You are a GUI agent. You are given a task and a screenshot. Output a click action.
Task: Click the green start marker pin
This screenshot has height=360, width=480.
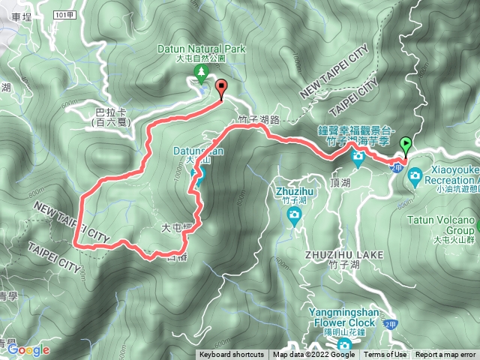tap(406, 145)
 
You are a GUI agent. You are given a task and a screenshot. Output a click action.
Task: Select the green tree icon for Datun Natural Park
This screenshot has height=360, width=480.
tap(201, 72)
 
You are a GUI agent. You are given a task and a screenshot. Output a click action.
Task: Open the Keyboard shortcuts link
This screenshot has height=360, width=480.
tap(232, 355)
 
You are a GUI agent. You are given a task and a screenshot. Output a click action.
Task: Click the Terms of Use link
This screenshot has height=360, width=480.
tap(385, 355)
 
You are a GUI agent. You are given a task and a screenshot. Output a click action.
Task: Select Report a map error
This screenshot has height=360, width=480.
tap(445, 355)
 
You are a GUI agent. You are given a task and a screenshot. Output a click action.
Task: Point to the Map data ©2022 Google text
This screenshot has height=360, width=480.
tap(314, 355)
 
